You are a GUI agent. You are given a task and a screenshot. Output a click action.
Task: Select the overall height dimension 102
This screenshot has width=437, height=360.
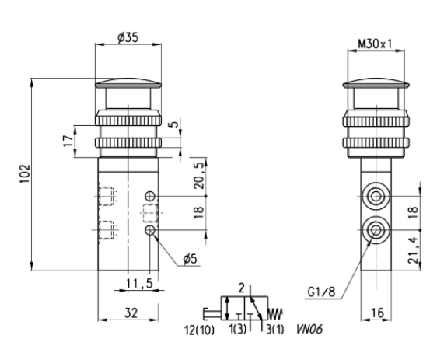pos(24,172)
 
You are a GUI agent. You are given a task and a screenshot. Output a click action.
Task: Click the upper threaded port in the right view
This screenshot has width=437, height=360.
pos(377,195)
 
